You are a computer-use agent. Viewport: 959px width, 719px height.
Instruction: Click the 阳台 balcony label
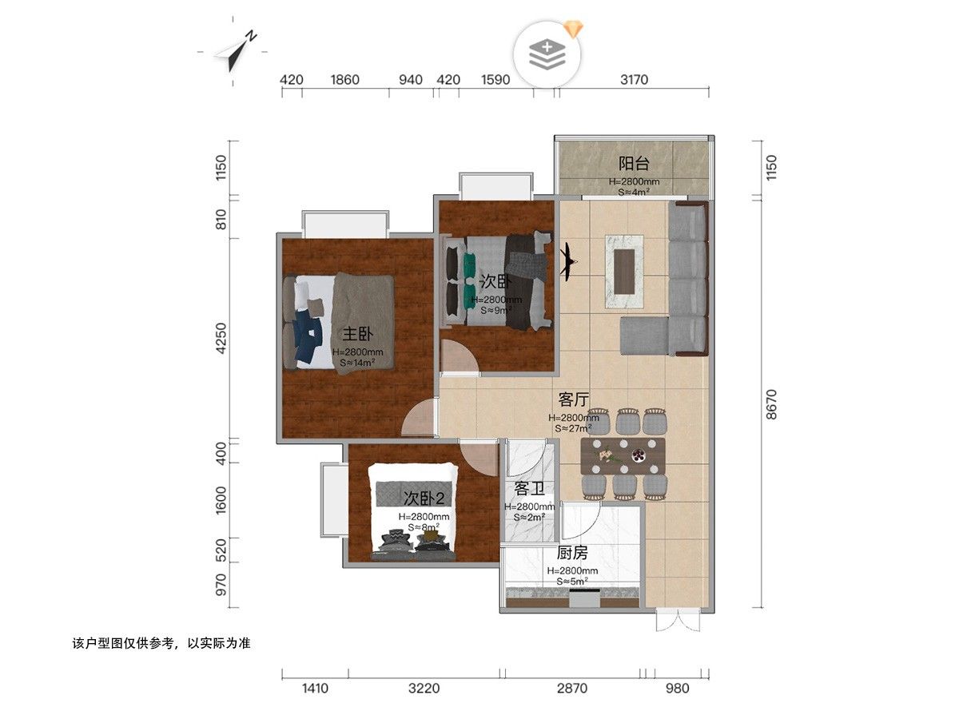click(x=634, y=164)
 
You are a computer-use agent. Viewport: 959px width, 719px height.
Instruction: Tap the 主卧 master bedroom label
click(x=357, y=334)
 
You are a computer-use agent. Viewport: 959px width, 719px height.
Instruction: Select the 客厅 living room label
click(x=574, y=399)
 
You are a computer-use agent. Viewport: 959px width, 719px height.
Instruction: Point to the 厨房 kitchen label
click(x=572, y=553)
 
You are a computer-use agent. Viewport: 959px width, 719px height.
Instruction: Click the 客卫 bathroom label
click(x=529, y=488)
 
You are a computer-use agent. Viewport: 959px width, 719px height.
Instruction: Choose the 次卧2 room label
click(x=424, y=498)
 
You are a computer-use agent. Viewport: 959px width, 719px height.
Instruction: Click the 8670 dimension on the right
click(x=771, y=404)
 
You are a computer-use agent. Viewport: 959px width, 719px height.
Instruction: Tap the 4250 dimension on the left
click(x=221, y=338)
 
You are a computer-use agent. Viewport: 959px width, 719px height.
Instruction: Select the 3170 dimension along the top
click(x=634, y=79)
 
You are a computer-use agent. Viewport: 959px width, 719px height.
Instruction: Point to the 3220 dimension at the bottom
click(x=424, y=689)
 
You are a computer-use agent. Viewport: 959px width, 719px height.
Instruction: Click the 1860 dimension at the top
click(x=344, y=79)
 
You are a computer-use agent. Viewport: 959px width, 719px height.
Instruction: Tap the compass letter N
click(x=251, y=36)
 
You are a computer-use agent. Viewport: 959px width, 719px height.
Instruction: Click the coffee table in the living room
click(x=624, y=271)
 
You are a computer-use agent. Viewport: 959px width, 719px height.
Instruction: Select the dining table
click(x=623, y=456)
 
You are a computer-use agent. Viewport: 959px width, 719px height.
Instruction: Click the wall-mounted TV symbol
click(x=567, y=262)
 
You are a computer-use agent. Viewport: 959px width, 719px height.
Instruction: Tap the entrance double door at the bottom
click(x=678, y=618)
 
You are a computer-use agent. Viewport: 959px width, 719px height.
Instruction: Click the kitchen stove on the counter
click(x=584, y=597)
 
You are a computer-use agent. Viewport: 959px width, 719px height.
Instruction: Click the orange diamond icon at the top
click(x=573, y=29)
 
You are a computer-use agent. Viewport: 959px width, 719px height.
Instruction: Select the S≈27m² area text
click(x=573, y=428)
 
